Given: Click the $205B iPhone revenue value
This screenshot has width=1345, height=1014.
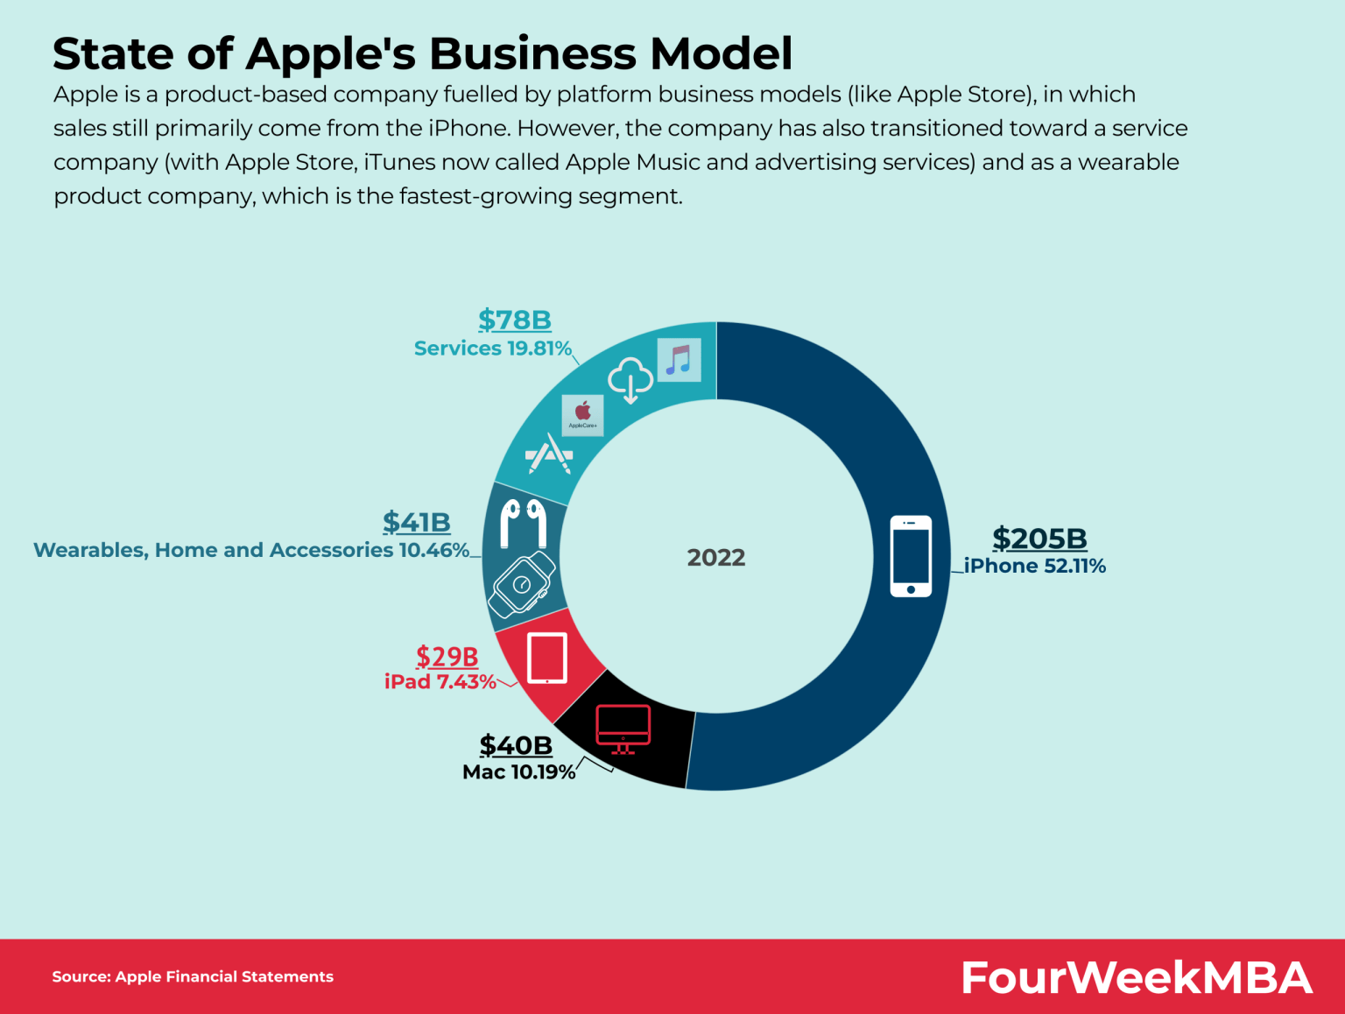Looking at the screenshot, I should [1039, 538].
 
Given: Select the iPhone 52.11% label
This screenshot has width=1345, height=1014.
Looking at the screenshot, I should [1034, 567].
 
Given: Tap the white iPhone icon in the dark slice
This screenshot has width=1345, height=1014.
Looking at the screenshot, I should [911, 556].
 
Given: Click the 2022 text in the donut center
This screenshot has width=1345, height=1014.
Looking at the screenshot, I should [715, 558].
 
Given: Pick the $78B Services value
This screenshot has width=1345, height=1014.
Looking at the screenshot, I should [514, 320].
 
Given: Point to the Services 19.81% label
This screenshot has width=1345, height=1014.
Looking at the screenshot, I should [492, 349].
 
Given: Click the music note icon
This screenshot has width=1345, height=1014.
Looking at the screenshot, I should [679, 360].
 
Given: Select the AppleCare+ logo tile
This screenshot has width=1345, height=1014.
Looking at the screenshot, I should [582, 415].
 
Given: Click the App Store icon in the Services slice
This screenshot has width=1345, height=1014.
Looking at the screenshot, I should [549, 454].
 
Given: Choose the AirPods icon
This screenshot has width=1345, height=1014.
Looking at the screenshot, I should [523, 522].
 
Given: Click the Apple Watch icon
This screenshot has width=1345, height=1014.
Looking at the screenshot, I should [522, 584].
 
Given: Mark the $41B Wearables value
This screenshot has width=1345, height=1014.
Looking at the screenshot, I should [416, 522].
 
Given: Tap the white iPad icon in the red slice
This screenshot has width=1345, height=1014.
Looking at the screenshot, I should [547, 658].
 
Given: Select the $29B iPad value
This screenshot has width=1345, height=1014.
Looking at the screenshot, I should [447, 656].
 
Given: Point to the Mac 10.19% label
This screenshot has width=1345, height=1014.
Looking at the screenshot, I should [518, 772].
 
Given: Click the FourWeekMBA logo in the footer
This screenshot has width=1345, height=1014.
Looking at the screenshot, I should [1136, 977].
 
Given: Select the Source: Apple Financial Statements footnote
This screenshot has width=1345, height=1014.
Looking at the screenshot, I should [193, 976].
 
